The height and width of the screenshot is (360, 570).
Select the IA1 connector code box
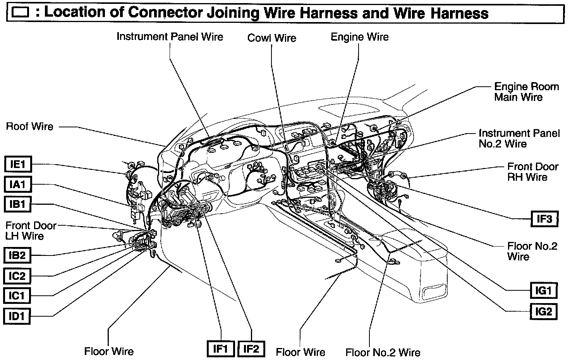17,184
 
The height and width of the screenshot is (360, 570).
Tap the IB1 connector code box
17,204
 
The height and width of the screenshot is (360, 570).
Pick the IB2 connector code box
17,255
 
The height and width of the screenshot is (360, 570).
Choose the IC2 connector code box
17,276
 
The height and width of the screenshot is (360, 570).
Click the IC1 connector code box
17,296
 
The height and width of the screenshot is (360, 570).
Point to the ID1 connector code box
17,316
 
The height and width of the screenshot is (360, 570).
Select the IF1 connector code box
220,349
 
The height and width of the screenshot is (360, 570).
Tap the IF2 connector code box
251,349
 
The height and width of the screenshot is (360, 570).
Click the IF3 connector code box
544,219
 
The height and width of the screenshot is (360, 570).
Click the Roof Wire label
30,127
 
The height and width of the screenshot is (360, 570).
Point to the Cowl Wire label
272,38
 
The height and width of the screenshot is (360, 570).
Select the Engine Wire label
359,37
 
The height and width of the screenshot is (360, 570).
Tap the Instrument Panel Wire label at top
170,37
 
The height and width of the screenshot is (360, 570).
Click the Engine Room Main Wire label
526,92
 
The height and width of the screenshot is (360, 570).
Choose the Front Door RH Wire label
532,172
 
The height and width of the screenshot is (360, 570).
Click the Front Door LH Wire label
31,231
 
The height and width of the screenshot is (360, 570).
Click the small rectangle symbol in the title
21,13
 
